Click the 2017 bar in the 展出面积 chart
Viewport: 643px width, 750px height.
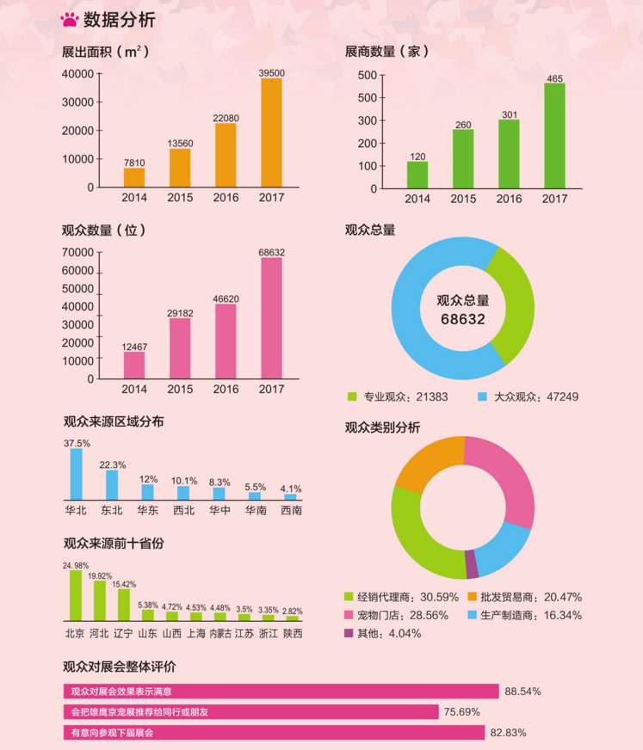271,132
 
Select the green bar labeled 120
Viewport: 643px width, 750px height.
417,175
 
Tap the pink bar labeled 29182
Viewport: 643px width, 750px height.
180,348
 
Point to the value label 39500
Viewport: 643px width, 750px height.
272,72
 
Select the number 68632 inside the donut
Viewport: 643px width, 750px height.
463,319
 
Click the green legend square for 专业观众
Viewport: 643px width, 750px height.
351,397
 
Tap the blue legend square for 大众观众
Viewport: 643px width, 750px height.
483,397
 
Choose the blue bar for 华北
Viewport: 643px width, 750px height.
77,474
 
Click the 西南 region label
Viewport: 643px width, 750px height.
291,510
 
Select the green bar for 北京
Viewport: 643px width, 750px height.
76,595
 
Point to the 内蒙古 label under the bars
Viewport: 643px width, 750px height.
220,634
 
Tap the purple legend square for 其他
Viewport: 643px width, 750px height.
349,634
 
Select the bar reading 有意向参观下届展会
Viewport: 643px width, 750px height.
274,733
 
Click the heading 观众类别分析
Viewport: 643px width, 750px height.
382,427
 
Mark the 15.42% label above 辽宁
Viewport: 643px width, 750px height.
124,584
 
